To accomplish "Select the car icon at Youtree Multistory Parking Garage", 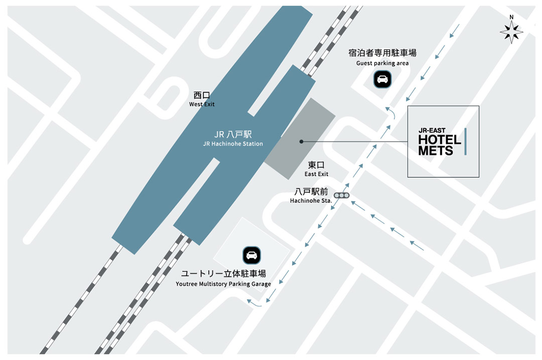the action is point(251,255).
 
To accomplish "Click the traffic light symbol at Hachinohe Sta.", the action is point(343,195).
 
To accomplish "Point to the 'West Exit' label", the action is point(202,104).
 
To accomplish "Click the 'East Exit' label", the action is point(316,174).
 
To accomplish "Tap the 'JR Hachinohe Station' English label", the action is point(233,144).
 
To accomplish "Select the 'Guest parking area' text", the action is point(382,63).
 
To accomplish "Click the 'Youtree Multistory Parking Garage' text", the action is point(223,284).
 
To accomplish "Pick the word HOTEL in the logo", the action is point(440,140).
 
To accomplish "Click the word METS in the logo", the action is point(436,150).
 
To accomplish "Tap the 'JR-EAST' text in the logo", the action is point(432,131).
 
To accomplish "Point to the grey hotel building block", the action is point(300,138).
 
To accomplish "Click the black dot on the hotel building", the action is point(301,142).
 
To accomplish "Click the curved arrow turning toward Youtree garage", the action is point(254,303).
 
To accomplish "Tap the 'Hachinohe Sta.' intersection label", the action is point(311,201).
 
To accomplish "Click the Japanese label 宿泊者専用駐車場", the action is point(382,53).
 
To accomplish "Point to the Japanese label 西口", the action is point(202,95).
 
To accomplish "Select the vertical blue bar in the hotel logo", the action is point(466,141).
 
